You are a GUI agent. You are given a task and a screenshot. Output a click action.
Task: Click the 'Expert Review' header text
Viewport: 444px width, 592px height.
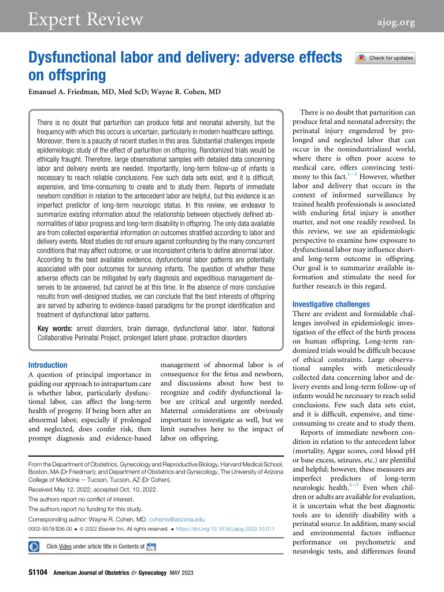click(x=86, y=20)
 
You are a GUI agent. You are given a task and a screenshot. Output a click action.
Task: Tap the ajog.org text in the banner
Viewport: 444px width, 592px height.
click(x=394, y=23)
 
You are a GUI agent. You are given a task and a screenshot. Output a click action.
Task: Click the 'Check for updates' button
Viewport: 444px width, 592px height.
click(x=386, y=58)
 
